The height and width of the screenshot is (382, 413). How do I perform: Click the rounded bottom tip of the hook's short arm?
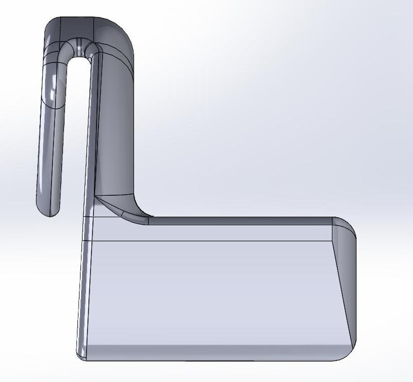46,209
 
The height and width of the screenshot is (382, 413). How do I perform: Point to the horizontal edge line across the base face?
206,241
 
